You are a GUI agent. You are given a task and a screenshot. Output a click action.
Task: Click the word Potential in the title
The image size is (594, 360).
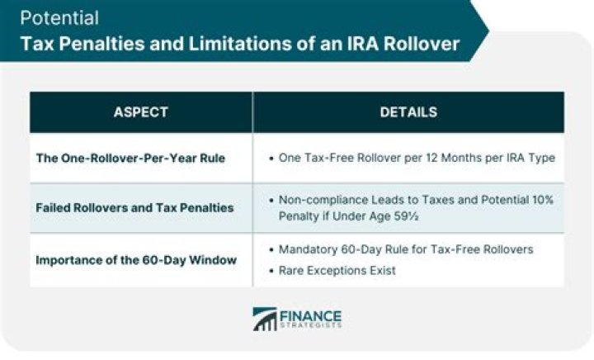point(59,18)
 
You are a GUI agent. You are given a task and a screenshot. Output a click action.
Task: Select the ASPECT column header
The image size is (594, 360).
point(140,111)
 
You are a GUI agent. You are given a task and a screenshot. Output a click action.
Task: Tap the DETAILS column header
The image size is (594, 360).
point(408,111)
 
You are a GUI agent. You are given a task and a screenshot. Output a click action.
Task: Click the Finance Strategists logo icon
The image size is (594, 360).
point(265,319)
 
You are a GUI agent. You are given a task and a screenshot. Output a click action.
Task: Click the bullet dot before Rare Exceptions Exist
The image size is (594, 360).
point(272,269)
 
